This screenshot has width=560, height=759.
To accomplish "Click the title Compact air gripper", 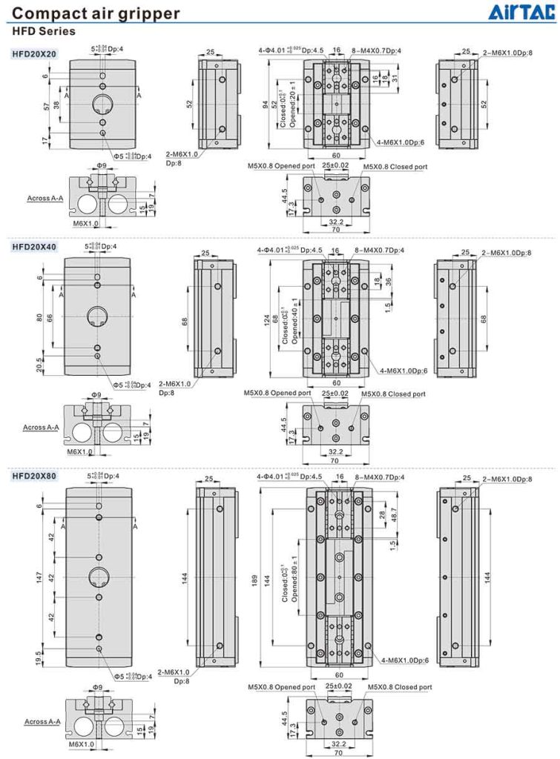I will coord(96,13).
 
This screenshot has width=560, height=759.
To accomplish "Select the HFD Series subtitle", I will coord(43,32).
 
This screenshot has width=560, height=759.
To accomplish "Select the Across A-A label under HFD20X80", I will coord(42,721).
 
